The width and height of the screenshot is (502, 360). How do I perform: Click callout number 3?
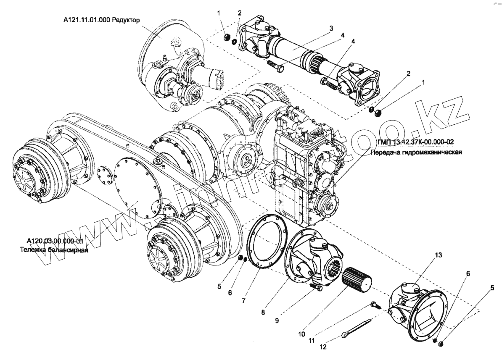[331, 28]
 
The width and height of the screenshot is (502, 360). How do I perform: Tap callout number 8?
[263, 313]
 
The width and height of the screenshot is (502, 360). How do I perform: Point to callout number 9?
[277, 320]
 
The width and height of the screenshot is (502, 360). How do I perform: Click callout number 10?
[301, 335]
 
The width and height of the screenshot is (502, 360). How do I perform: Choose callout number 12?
[323, 347]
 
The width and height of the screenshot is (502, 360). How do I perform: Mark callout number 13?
[427, 255]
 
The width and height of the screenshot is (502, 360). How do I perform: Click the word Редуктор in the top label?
[125, 20]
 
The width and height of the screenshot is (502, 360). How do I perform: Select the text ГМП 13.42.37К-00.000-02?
[410, 142]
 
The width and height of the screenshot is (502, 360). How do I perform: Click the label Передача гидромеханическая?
[416, 152]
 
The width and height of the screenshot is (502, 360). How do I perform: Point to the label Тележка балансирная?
[53, 250]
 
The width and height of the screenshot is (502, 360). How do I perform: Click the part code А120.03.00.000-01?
[55, 242]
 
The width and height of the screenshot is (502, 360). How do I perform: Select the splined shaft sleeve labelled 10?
[357, 281]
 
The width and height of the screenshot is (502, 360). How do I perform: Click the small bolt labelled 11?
[375, 305]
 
